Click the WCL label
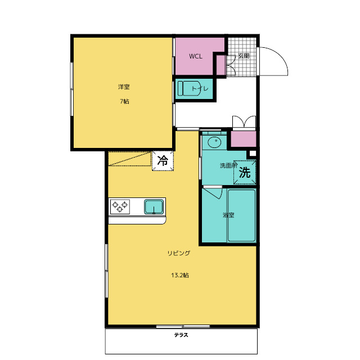(x=196, y=56)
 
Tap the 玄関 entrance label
(x=244, y=56)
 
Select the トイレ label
(x=200, y=89)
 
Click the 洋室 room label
(x=124, y=87)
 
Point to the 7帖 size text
(x=124, y=101)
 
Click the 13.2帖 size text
(x=180, y=275)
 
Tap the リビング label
(x=179, y=253)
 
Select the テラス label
(x=181, y=335)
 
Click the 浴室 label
(x=228, y=215)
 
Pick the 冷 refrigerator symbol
(x=163, y=160)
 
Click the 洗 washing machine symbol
(x=245, y=172)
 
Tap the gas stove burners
(x=120, y=206)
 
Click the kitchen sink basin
(x=154, y=206)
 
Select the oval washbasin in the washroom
(x=214, y=142)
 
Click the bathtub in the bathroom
(x=241, y=215)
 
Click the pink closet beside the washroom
(x=244, y=139)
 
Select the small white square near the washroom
(x=253, y=154)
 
